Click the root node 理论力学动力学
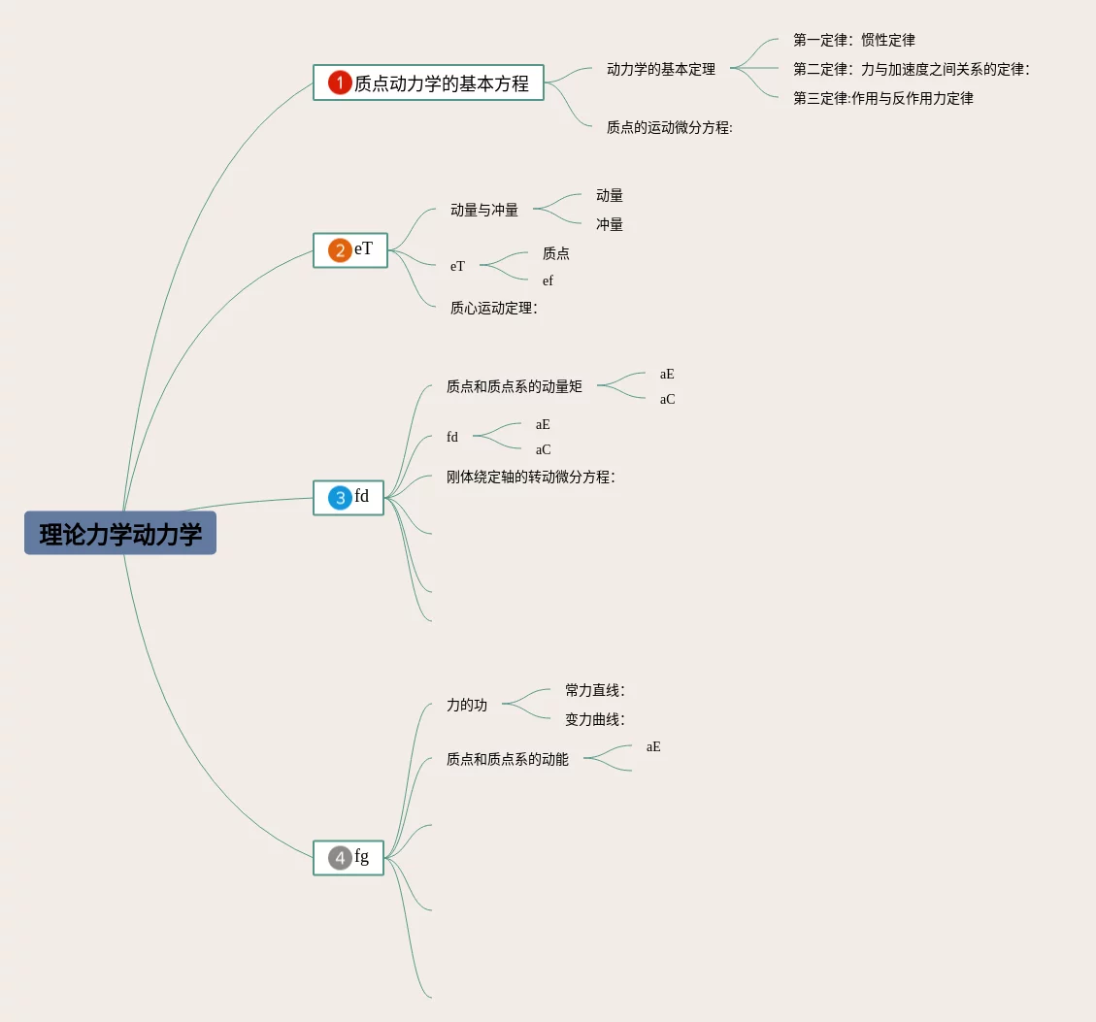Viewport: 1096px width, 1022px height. pos(120,534)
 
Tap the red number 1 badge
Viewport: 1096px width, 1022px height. pos(339,83)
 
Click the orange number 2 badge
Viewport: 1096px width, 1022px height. pos(340,250)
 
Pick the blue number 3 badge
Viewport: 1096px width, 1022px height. pos(340,498)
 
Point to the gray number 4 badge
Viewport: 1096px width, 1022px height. pos(340,858)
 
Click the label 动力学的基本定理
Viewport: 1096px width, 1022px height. pos(661,69)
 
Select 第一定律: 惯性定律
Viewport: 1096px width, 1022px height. pos(853,40)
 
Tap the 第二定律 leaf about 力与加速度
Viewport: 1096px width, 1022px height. pos(911,69)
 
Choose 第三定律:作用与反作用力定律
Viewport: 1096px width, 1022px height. pos(882,98)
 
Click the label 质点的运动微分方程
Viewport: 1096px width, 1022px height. pos(669,127)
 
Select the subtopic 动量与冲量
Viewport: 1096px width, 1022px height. pos(484,210)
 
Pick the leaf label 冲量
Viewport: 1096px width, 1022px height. pos(610,224)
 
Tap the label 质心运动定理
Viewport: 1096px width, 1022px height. pos(493,308)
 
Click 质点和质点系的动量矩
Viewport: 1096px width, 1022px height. pos(515,386)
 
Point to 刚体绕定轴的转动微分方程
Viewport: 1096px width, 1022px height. pos(530,477)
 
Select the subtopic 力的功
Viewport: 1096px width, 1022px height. pos(467,706)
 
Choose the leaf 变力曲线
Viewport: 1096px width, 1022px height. pos(594,719)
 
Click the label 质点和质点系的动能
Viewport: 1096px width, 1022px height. pos(508,759)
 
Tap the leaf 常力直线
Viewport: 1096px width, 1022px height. pos(594,690)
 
